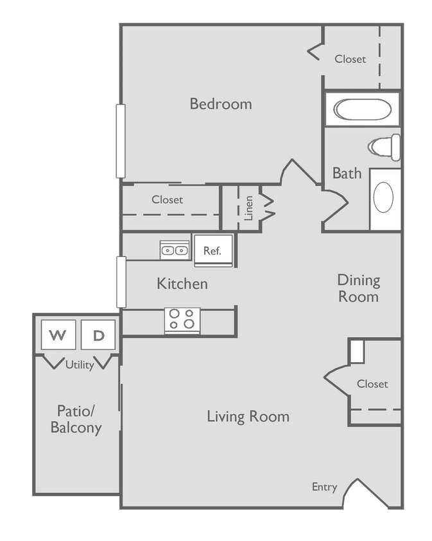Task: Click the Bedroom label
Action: point(220,104)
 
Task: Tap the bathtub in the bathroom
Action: point(361,110)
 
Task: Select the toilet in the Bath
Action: point(386,147)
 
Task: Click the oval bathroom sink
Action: point(384,197)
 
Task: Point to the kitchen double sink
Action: point(175,251)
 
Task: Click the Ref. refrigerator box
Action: point(212,251)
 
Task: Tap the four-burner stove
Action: point(182,319)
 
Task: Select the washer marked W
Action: point(58,335)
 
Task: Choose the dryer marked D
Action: point(98,335)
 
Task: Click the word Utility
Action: point(80,365)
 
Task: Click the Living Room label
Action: point(248,417)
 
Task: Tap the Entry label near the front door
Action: point(324,487)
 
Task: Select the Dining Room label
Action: point(358,288)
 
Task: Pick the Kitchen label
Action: point(182,283)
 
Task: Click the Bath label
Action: point(347,173)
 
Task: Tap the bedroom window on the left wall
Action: point(119,140)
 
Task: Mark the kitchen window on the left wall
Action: point(120,282)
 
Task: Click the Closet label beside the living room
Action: point(372,384)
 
